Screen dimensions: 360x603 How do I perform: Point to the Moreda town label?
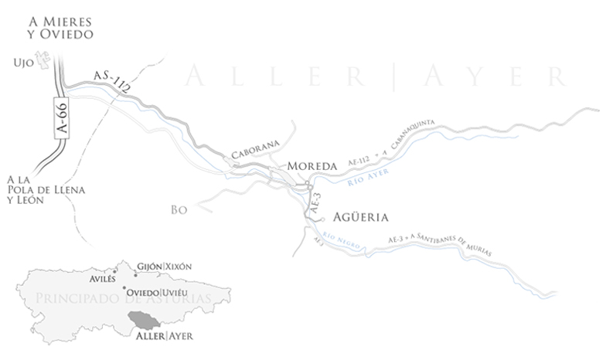click(x=312, y=166)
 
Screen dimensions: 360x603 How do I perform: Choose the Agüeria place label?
click(x=362, y=216)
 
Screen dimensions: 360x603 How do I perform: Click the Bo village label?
click(x=179, y=209)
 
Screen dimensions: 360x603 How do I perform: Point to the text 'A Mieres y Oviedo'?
click(x=57, y=28)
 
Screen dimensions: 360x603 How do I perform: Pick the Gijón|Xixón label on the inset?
click(x=163, y=267)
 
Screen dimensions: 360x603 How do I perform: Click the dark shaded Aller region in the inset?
click(x=145, y=319)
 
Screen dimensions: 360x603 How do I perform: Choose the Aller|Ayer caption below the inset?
click(x=164, y=336)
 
